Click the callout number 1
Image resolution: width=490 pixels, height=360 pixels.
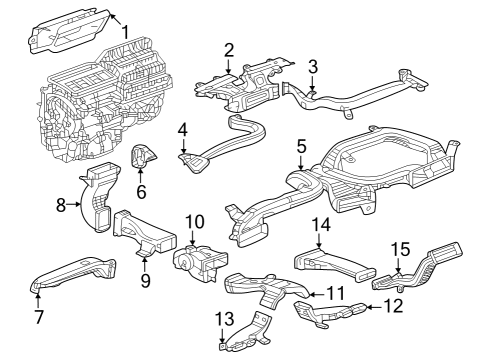click(x=125, y=31)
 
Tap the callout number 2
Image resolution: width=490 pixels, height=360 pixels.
click(x=229, y=49)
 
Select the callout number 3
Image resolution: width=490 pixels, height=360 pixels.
click(x=312, y=68)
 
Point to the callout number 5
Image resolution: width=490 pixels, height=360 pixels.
click(x=299, y=146)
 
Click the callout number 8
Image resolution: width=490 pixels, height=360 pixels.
click(x=61, y=206)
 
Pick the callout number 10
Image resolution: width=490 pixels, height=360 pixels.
click(x=194, y=220)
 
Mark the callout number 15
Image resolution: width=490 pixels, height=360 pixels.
click(x=399, y=247)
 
